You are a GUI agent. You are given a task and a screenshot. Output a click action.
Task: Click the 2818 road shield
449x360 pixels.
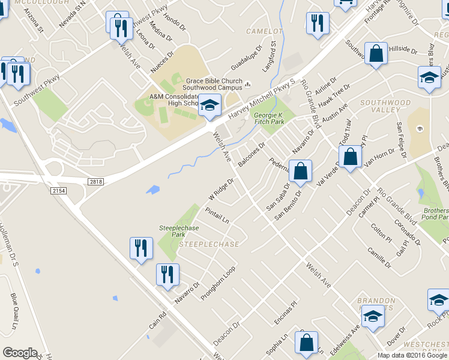95,181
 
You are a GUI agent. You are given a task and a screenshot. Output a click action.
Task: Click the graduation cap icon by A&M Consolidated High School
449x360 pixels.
209,106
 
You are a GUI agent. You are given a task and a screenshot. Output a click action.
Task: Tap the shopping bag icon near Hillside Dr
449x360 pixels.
376,54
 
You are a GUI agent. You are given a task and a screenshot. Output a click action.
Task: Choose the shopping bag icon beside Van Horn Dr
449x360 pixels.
351,157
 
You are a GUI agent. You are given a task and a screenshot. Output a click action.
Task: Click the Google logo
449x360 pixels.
20,353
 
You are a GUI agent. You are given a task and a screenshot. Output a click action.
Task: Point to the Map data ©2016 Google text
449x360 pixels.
412,355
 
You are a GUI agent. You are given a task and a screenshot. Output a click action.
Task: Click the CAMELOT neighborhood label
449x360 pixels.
264,31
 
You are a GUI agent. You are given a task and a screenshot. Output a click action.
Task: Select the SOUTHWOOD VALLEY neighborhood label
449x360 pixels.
385,106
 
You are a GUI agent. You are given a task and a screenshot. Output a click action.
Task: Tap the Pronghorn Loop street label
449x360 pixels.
218,283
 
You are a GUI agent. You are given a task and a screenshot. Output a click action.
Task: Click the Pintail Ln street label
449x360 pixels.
217,216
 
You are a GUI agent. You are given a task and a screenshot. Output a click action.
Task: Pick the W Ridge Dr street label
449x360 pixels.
220,189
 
